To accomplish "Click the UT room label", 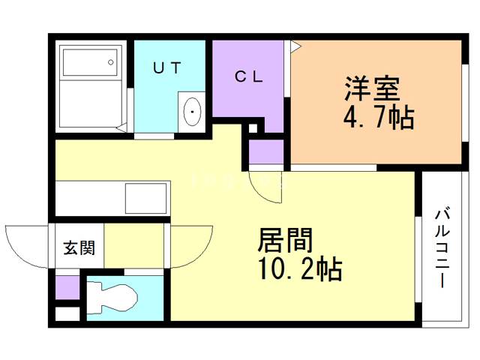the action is coord(167,68).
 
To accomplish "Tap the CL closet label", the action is coord(248,76).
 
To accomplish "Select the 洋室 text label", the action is coord(372,88).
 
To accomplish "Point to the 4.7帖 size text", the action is coord(379,117).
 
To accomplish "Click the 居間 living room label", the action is coord(285,240).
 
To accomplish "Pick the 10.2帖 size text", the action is coord(301,268).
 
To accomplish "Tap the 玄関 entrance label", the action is coord(79,247).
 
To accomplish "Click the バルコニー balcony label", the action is coord(442,247).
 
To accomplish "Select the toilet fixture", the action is coord(112,298).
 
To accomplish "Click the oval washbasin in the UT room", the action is coord(192,112).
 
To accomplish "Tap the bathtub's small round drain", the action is coord(111,62).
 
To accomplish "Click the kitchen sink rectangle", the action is coord(145,198).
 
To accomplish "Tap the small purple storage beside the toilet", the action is coord(67,287).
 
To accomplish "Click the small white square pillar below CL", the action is coord(253,128).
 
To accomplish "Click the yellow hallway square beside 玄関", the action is coord(133,246).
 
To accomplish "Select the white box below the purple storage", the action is coord(67,313).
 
